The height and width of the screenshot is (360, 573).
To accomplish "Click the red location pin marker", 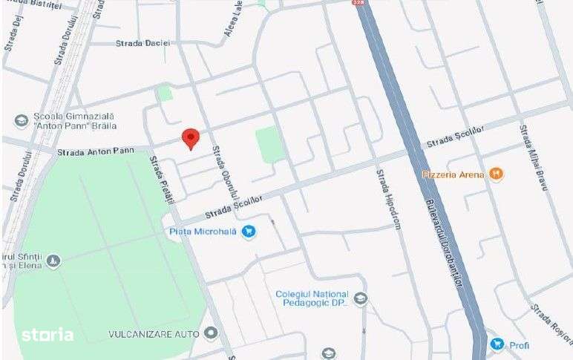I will click(191, 138).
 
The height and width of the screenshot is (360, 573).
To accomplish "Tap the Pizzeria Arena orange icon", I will click(497, 174).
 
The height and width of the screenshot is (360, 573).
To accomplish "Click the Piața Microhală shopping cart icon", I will click(249, 232).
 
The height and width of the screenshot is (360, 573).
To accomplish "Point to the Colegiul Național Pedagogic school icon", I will click(361, 299).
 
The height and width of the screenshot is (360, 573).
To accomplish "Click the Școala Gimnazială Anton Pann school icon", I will click(21, 120).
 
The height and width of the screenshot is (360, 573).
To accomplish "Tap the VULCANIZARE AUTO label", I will click(154, 334).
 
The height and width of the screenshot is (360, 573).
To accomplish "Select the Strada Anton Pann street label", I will click(95, 151).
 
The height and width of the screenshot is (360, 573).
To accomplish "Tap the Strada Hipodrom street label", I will click(388, 199).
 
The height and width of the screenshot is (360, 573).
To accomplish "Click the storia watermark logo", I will click(47, 335).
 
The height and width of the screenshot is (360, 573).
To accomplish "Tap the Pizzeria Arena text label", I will click(454, 174).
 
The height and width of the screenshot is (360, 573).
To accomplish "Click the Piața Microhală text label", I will click(203, 232).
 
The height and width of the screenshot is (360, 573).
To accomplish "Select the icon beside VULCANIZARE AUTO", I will click(212, 334).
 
